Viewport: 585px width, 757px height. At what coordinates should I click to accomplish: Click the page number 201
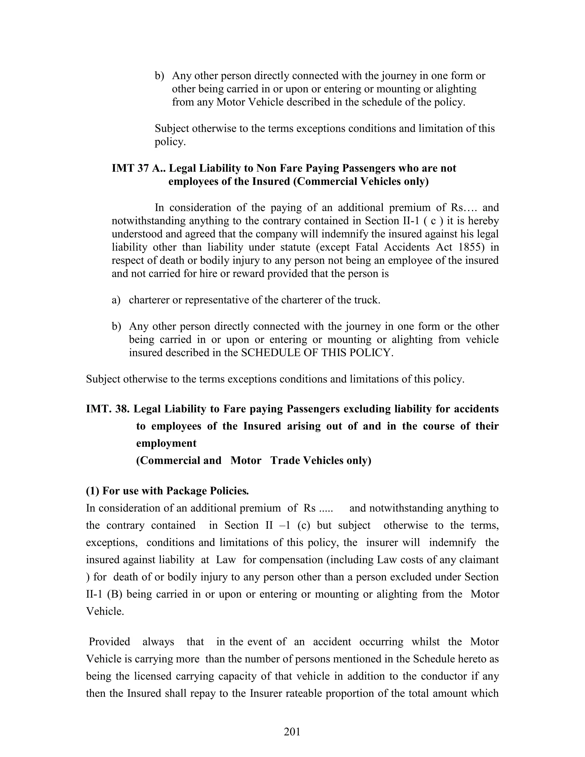pos(292,731)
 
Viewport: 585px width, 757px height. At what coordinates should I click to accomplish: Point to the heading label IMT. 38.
pos(107,409)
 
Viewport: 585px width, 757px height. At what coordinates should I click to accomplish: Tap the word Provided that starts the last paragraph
pos(109,642)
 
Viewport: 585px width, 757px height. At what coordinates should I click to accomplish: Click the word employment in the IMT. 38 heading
pos(166,443)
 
